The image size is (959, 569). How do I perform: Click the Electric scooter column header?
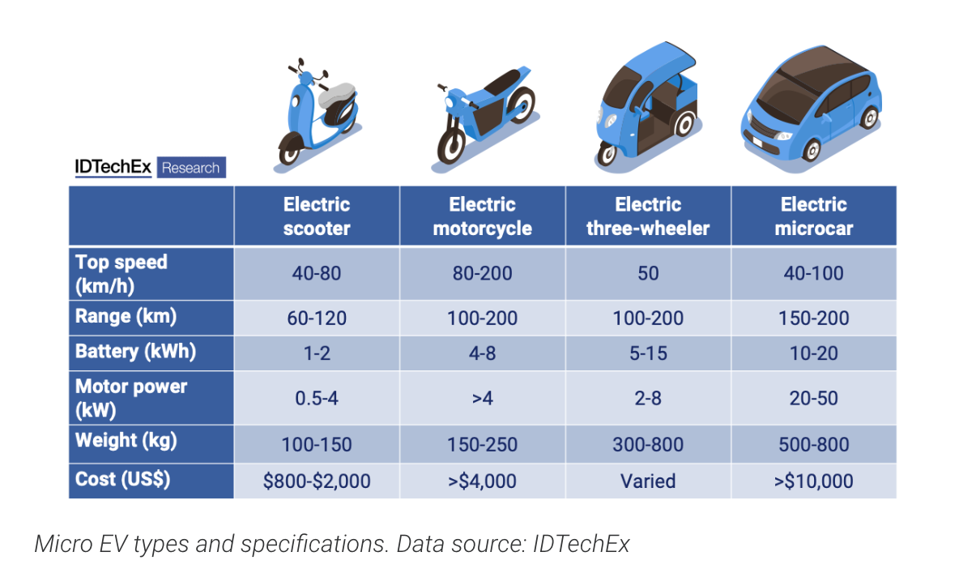(316, 216)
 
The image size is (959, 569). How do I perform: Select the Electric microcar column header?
(813, 216)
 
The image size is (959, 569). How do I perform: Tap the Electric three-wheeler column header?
(648, 216)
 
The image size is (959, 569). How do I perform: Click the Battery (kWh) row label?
(136, 352)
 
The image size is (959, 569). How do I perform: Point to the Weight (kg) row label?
(126, 440)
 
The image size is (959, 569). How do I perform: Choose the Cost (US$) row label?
(122, 479)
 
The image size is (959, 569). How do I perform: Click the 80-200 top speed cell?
(483, 273)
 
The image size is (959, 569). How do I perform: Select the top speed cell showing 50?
(648, 273)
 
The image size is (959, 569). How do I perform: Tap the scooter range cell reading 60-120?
(317, 319)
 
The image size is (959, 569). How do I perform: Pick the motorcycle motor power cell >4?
(483, 398)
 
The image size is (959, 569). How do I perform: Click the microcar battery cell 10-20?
(813, 353)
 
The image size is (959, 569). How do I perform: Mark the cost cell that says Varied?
(648, 481)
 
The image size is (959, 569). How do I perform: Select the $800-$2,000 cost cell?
(317, 481)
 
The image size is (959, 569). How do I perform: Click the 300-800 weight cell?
(648, 444)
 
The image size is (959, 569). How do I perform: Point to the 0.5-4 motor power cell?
(317, 398)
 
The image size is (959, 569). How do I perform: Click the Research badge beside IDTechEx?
(191, 168)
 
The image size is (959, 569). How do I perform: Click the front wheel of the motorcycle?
(451, 145)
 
